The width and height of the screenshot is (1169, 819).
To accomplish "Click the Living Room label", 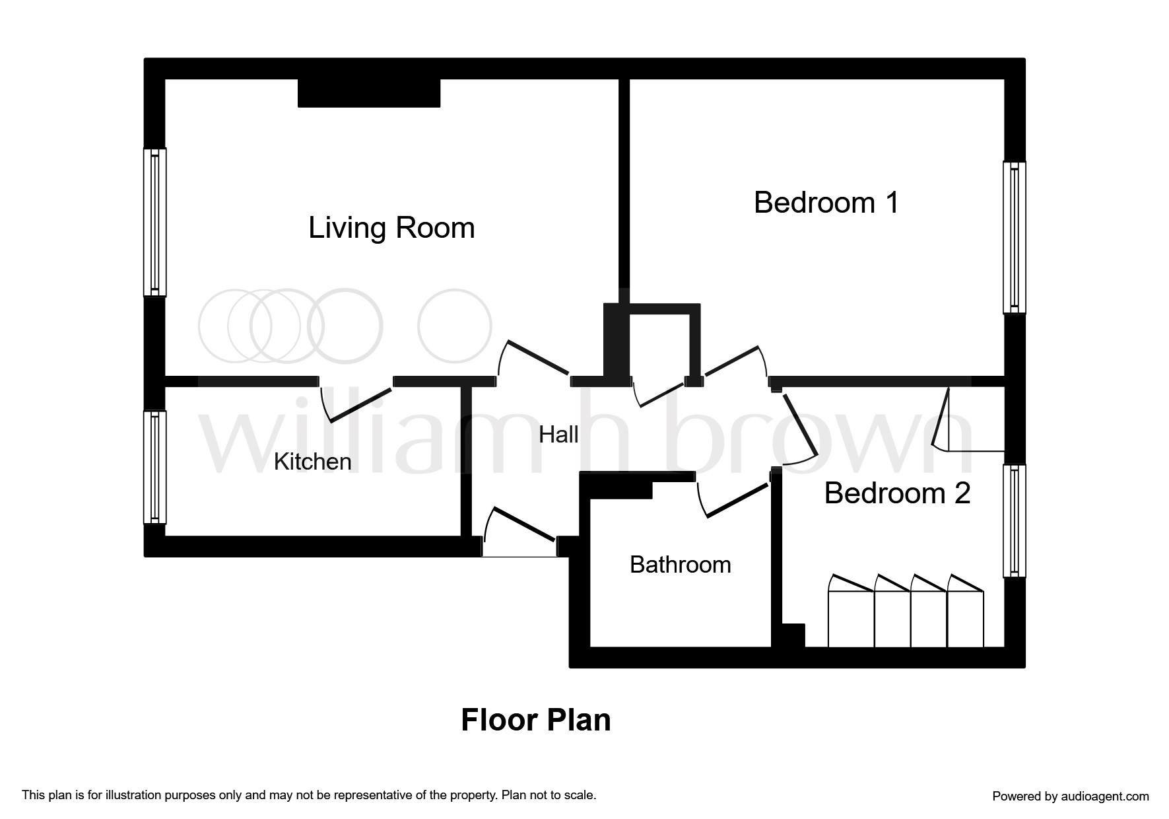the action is (x=391, y=228).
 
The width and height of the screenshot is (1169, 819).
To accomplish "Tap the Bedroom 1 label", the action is (x=826, y=202).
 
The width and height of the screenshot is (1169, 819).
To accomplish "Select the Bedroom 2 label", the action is (x=897, y=493).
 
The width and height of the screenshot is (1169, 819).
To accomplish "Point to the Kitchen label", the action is (x=312, y=461).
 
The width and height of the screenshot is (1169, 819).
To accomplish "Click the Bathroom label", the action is (x=681, y=565).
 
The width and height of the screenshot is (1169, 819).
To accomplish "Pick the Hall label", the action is (x=558, y=435).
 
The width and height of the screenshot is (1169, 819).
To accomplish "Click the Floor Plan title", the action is (x=535, y=720).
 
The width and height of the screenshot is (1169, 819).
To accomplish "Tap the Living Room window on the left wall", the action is (x=155, y=222).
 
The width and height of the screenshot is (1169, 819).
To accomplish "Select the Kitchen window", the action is (x=155, y=467).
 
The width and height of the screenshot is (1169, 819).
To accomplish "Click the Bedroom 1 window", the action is (x=1015, y=238).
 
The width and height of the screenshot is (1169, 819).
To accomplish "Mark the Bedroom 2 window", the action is (x=1015, y=521).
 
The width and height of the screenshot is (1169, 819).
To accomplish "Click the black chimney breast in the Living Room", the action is (x=369, y=93).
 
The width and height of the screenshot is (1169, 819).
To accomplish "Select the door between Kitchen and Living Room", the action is (x=356, y=401).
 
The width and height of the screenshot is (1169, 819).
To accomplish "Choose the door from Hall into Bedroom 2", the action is (x=797, y=425).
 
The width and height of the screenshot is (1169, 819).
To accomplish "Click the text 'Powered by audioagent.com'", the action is (x=1071, y=797).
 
